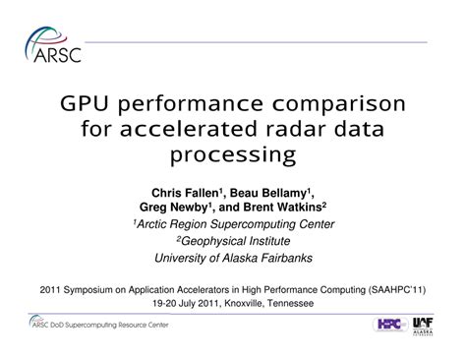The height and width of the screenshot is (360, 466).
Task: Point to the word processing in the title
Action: click(x=233, y=154)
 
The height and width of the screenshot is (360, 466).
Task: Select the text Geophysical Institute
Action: click(x=234, y=241)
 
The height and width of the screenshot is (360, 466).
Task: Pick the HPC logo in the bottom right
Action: click(x=391, y=324)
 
